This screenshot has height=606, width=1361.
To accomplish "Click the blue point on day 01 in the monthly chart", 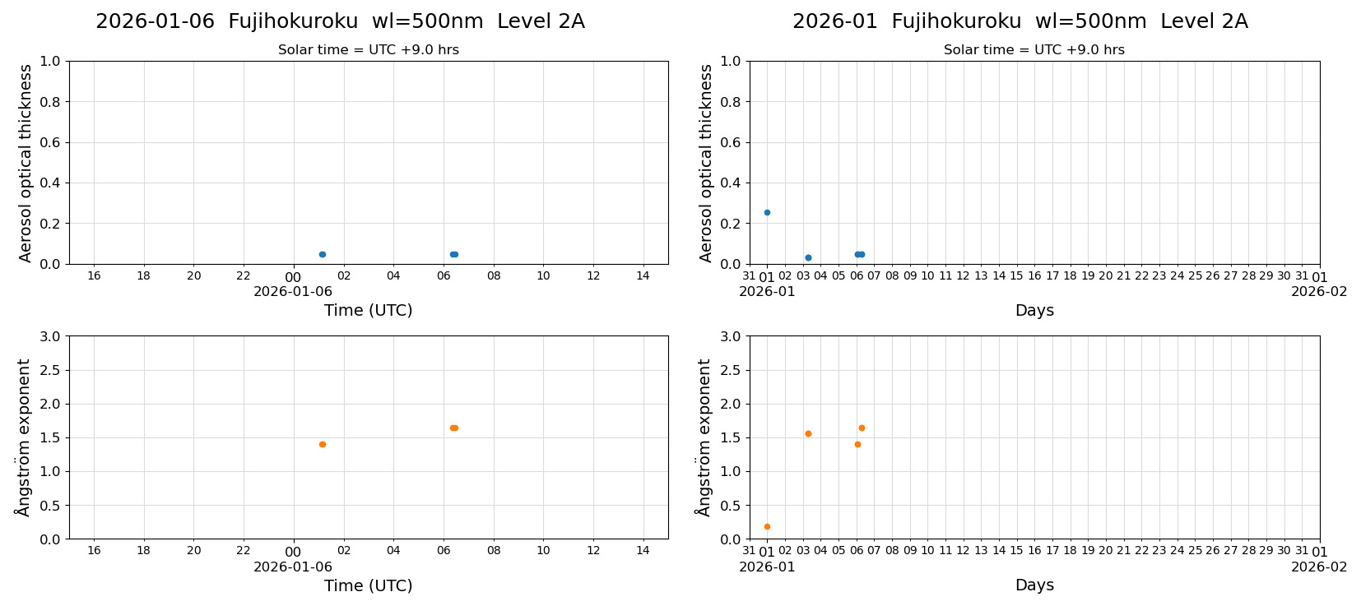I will tap(767, 212).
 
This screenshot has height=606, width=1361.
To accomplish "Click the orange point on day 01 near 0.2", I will tap(767, 526).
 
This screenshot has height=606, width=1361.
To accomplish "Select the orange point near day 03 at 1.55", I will tap(808, 433).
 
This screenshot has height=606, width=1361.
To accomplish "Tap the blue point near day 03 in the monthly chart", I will tap(808, 257).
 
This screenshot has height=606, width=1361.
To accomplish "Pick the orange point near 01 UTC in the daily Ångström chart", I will tap(323, 444).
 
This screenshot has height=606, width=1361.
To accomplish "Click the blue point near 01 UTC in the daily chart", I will tap(323, 254).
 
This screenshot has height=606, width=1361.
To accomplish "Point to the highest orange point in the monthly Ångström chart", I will tap(862, 428).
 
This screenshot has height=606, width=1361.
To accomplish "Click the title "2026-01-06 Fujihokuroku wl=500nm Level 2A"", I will tap(340, 22).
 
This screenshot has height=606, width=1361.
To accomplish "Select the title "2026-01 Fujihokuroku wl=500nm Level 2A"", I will tap(1020, 22).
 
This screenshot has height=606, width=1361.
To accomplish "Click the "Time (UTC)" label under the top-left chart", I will tap(368, 310).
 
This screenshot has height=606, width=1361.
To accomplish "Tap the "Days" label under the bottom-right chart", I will tap(1034, 585).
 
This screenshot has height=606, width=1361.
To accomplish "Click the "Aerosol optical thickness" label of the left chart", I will tap(26, 163).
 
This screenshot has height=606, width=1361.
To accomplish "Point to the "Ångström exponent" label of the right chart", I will tap(704, 437).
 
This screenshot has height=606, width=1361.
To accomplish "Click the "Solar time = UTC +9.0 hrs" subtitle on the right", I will tap(1034, 50).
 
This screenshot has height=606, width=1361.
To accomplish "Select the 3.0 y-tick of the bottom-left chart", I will tap(50, 336).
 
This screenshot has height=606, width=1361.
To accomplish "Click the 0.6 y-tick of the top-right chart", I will tap(731, 142).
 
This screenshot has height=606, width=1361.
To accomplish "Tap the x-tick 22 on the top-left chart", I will tap(244, 275).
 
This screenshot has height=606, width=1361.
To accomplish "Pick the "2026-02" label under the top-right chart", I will tap(1319, 291).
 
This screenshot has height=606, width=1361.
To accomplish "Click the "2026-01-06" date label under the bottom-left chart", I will tap(293, 567).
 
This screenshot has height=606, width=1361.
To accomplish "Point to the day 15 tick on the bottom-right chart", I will tap(1017, 551).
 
